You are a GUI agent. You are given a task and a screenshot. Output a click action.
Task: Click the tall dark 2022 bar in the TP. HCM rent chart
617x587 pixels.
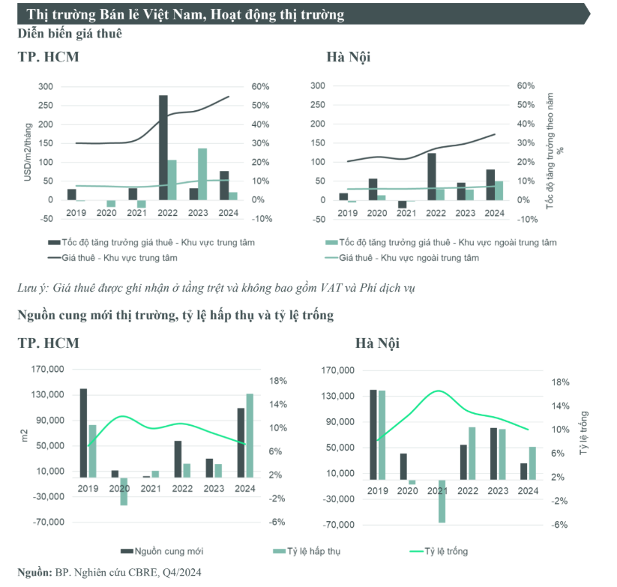click(x=163, y=148)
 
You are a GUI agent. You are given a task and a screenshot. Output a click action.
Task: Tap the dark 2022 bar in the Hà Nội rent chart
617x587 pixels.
click(x=432, y=176)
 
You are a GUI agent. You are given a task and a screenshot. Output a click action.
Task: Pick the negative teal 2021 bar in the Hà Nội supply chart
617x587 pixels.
click(x=442, y=501)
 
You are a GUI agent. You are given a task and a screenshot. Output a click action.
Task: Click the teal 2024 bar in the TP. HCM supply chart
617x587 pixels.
click(x=250, y=435)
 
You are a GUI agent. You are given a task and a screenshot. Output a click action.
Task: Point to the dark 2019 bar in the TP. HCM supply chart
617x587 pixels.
click(x=83, y=433)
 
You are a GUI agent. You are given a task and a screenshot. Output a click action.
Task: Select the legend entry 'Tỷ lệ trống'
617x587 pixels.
click(x=446, y=552)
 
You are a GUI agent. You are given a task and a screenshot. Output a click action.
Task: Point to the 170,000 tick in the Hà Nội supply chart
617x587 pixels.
click(x=337, y=370)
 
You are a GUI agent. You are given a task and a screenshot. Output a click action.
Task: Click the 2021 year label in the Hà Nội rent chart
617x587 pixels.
click(x=406, y=213)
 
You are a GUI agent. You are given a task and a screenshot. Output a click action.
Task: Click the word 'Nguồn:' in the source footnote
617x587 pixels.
click(x=34, y=572)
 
